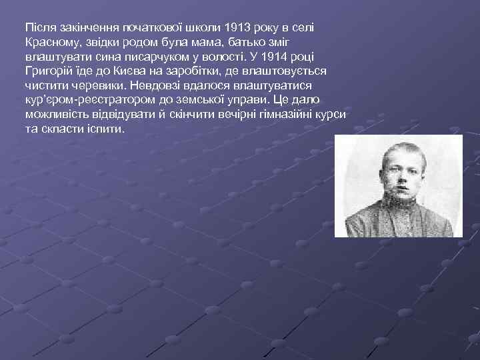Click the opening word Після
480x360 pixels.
[x=39, y=28]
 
